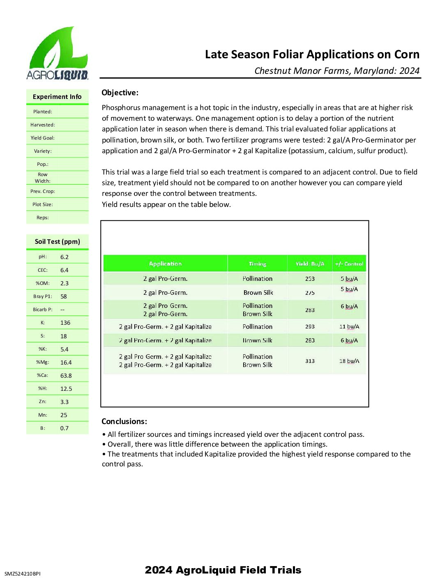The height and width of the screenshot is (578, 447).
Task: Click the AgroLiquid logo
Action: pos(57,53)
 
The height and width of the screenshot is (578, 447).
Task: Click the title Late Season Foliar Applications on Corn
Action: pos(312,55)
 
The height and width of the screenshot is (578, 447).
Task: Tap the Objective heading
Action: pos(120,93)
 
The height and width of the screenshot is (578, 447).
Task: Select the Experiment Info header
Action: pos(57,97)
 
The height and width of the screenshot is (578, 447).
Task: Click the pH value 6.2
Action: pos(65,257)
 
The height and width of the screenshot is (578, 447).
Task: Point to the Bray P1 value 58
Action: pos(64,296)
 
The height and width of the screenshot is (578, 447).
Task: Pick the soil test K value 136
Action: pos(65,323)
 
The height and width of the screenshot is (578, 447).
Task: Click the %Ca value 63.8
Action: pos(66,376)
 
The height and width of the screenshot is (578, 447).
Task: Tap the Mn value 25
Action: pos(64,415)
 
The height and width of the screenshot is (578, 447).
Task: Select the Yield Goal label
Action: pos(42,138)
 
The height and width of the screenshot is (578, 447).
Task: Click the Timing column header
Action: pos(257,264)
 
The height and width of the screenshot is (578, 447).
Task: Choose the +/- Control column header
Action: pos(349,264)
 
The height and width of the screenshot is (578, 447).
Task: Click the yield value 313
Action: pos(310,361)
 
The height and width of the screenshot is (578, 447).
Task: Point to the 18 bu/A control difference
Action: pos(349,361)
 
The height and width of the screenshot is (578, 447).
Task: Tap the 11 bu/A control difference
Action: pos(349,327)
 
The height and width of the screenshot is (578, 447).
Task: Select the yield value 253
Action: pos(310,279)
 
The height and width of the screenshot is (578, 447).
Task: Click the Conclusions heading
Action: pos(124,422)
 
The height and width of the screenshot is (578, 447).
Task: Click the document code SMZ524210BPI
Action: pos(23,574)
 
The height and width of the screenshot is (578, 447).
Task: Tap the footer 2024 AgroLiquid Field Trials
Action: pos(223,570)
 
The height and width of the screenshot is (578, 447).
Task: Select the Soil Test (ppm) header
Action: pos(58,242)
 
